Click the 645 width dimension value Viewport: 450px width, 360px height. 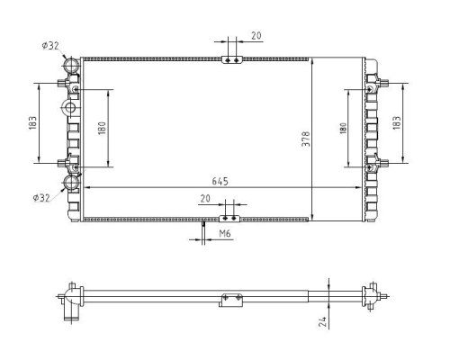tap(220, 182)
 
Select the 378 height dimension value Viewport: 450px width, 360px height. tap(306, 139)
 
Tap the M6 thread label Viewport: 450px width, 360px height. tap(225, 233)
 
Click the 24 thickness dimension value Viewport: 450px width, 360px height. tap(322, 321)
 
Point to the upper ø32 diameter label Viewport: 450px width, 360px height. tap(50, 46)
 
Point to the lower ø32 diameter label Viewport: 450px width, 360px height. tap(41, 198)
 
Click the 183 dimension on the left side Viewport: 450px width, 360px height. tap(32, 123)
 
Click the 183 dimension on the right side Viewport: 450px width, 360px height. tap(397, 122)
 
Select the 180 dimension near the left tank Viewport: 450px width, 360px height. tap(102, 128)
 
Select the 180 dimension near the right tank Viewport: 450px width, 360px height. tap(343, 128)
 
